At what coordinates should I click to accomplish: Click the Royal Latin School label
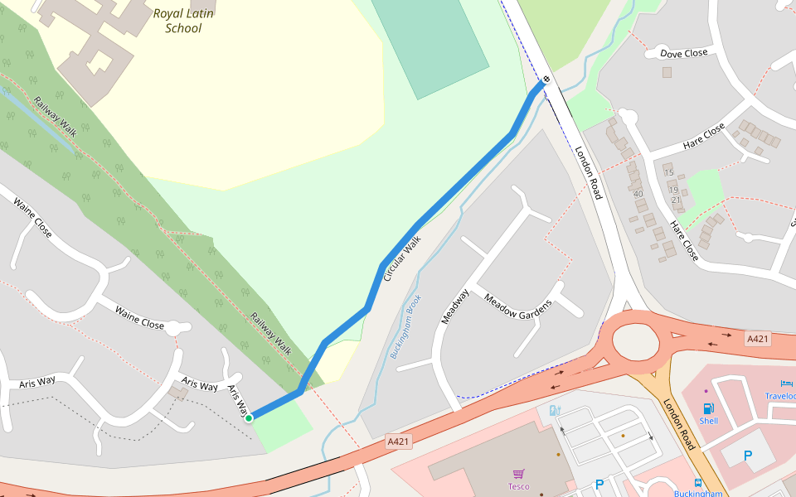pyautogui.click(x=183, y=21)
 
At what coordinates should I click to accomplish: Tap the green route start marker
pyautogui.click(x=249, y=418)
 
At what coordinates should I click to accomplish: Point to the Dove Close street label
pyautogui.click(x=684, y=53)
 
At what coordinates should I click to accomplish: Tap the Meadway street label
pyautogui.click(x=455, y=306)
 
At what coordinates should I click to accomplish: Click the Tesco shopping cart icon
pyautogui.click(x=519, y=474)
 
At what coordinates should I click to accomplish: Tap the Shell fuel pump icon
pyautogui.click(x=708, y=408)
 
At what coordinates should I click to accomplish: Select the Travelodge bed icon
pyautogui.click(x=786, y=383)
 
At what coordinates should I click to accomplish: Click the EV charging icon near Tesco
pyautogui.click(x=555, y=410)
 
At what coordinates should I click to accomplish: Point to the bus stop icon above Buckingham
pyautogui.click(x=698, y=482)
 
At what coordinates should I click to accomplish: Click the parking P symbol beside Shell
pyautogui.click(x=748, y=455)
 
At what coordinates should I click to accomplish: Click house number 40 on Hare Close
pyautogui.click(x=638, y=194)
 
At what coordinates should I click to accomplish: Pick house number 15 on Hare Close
pyautogui.click(x=668, y=172)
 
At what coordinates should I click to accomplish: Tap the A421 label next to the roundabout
pyautogui.click(x=758, y=339)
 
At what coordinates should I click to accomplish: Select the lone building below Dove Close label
pyautogui.click(x=667, y=72)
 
